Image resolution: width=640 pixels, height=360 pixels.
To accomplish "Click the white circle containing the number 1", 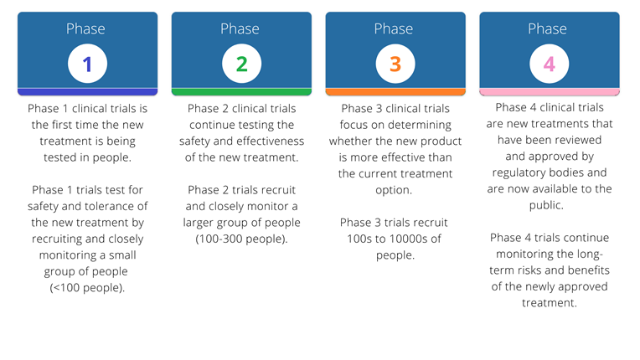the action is [x=87, y=64].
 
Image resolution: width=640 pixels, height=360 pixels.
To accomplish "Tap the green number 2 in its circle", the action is [x=241, y=64].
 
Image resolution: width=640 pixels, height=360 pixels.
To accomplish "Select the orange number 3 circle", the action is [x=395, y=64].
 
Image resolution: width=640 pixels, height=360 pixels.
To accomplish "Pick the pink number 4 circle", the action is [x=550, y=64].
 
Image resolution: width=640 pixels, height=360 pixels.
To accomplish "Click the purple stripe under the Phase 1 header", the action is [x=87, y=92].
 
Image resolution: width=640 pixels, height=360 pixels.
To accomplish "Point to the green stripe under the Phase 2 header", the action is [x=241, y=92].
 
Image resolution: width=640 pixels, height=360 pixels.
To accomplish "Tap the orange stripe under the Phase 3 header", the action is [x=395, y=92].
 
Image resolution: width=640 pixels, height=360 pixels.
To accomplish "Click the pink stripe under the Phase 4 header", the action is [x=550, y=92].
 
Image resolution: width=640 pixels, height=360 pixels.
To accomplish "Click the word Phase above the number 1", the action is [x=85, y=29].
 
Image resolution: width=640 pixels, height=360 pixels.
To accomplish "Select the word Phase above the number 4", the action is [x=547, y=29].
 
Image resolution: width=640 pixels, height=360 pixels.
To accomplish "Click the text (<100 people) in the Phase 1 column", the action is [x=86, y=288].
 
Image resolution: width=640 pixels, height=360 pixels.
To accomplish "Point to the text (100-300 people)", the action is [x=240, y=239].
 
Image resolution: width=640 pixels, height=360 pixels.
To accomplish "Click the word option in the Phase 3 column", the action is [x=392, y=190].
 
